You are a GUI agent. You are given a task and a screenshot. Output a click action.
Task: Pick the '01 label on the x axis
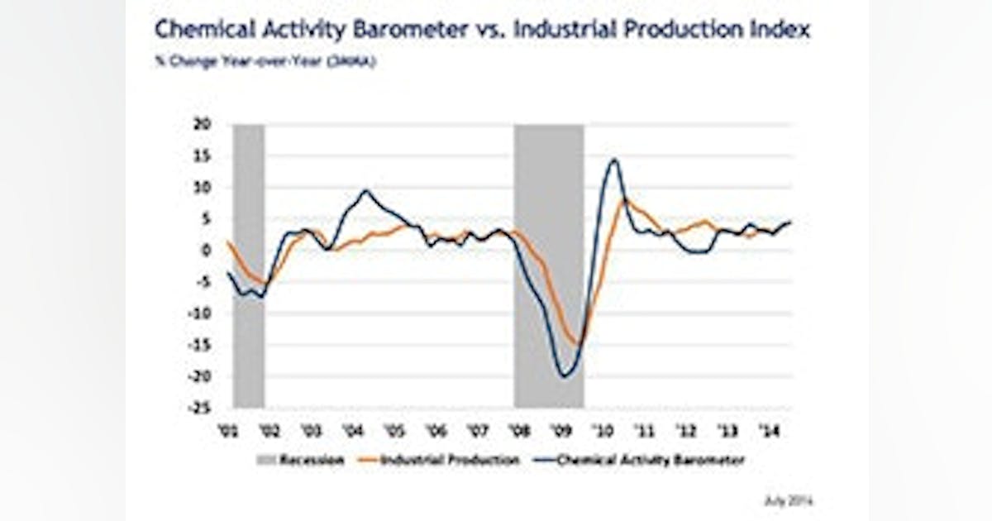[227, 431]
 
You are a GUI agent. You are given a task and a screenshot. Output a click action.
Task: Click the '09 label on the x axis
[560, 431]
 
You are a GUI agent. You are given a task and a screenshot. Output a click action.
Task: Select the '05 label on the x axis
[394, 431]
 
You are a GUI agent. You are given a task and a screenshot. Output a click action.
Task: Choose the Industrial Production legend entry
[440, 461]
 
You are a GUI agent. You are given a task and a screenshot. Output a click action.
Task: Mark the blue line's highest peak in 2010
[613, 160]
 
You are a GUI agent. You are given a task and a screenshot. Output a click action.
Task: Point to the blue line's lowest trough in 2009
[565, 376]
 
